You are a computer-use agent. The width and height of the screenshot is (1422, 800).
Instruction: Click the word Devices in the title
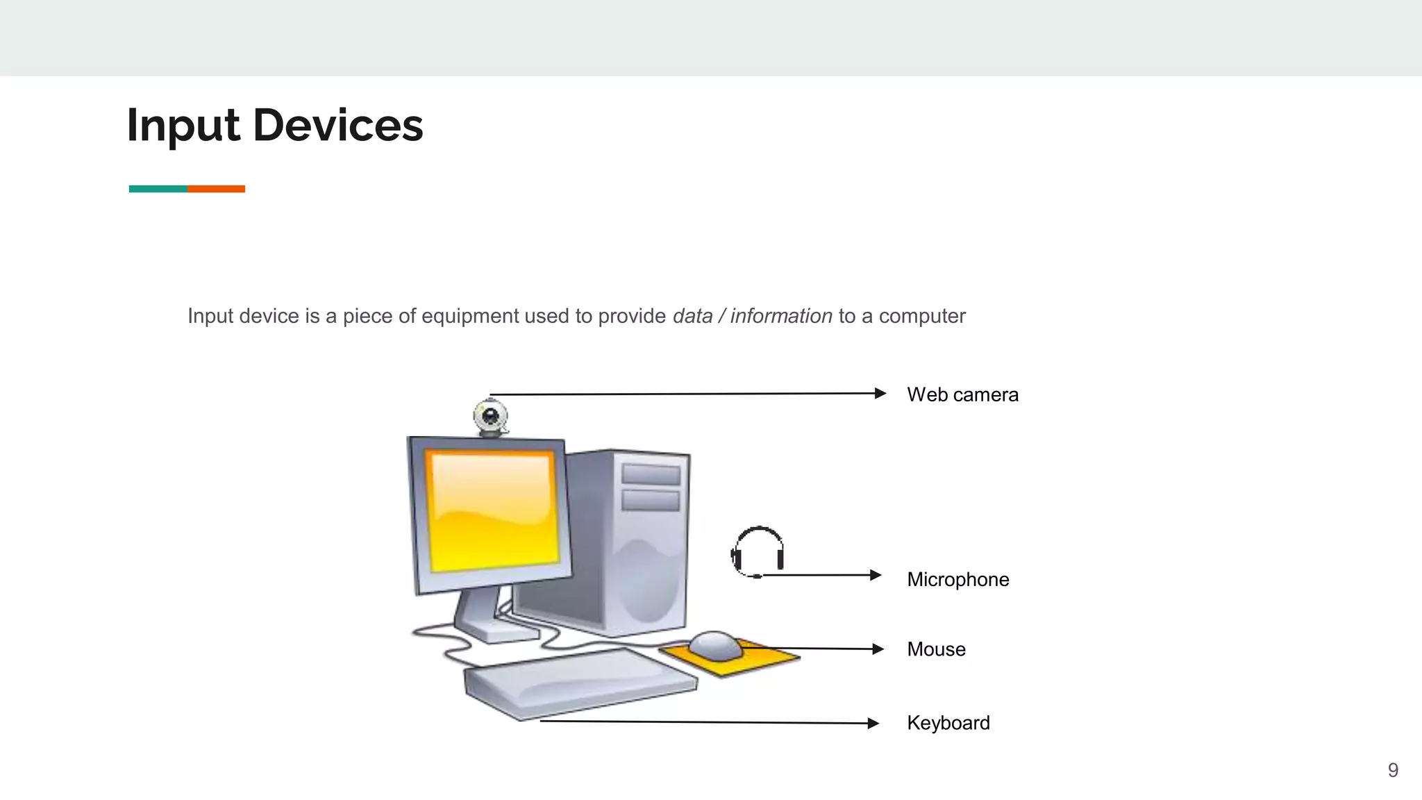click(x=337, y=126)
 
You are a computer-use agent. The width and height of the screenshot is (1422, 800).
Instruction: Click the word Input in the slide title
click(x=183, y=127)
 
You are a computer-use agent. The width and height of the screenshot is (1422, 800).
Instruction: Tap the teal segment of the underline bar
click(x=158, y=189)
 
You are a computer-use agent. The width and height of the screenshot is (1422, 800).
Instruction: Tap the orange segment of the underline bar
click(x=216, y=189)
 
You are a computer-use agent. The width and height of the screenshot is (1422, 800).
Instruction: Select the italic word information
click(x=780, y=316)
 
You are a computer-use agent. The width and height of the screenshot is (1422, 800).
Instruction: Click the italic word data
click(x=692, y=316)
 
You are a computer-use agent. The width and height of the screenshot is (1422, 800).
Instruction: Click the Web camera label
click(x=962, y=394)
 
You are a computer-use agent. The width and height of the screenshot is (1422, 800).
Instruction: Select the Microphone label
click(x=957, y=579)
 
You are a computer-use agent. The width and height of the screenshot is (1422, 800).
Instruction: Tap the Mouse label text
click(x=936, y=649)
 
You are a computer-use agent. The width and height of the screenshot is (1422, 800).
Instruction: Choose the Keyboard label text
click(x=948, y=723)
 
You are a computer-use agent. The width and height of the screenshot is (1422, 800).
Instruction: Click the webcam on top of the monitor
click(x=491, y=417)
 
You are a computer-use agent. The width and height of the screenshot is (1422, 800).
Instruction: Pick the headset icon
click(x=758, y=551)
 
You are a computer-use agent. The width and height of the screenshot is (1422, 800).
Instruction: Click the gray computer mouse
click(x=715, y=645)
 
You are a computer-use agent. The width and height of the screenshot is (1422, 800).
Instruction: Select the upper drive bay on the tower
click(x=651, y=474)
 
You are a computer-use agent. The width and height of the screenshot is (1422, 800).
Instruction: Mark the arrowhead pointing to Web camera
click(x=880, y=393)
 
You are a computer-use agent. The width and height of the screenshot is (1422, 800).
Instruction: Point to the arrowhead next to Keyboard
click(x=873, y=723)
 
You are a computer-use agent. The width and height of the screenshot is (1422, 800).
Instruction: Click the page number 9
click(x=1393, y=770)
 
